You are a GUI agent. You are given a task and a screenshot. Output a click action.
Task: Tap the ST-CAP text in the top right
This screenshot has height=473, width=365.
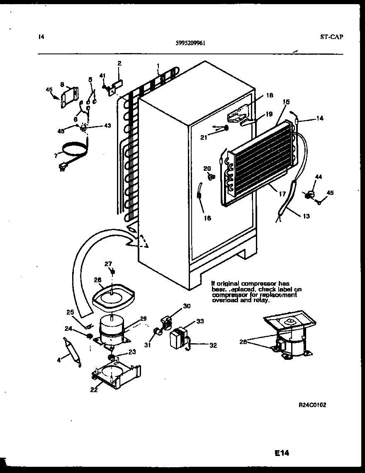click(x=331, y=36)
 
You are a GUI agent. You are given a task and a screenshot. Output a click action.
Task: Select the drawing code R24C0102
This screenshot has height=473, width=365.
click(x=312, y=405)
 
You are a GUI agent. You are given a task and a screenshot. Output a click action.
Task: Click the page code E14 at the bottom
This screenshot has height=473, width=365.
click(x=281, y=453)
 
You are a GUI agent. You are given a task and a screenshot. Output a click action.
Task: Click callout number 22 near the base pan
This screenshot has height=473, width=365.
click(x=94, y=389)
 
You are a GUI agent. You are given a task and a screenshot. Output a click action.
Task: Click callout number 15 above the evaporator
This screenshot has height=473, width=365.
click(x=286, y=102)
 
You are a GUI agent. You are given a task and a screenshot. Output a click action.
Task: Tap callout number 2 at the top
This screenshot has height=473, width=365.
click(x=119, y=63)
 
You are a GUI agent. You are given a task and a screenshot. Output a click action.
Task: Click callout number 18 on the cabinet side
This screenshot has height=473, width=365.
click(x=269, y=95)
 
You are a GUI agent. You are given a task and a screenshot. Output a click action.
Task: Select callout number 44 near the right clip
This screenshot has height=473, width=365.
click(x=318, y=177)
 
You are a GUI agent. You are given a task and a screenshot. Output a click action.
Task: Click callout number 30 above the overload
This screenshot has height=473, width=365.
click(x=187, y=307)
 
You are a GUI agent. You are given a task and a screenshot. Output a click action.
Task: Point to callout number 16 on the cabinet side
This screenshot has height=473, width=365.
click(x=207, y=218)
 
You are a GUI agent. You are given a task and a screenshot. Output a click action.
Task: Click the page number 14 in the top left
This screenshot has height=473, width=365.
click(x=41, y=36)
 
